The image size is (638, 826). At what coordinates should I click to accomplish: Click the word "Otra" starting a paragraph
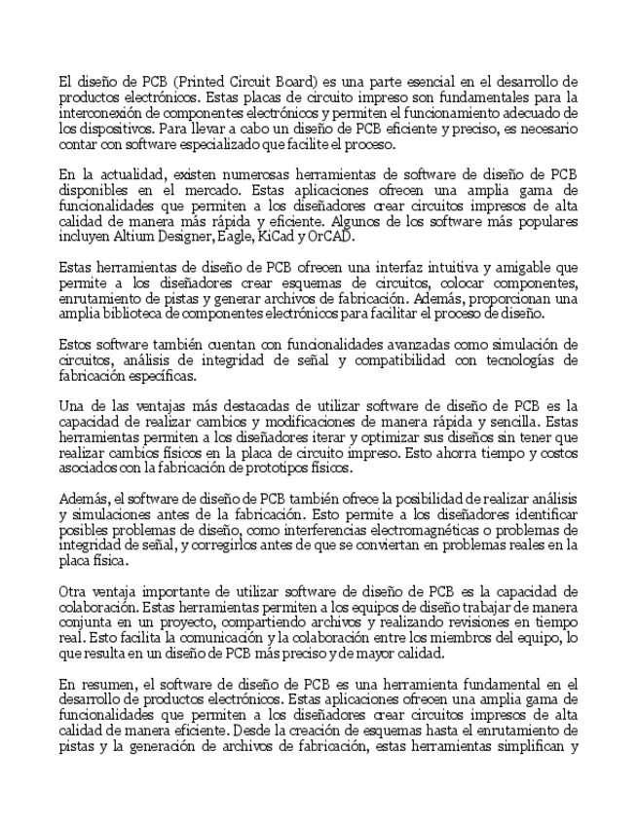(x=74, y=591)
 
